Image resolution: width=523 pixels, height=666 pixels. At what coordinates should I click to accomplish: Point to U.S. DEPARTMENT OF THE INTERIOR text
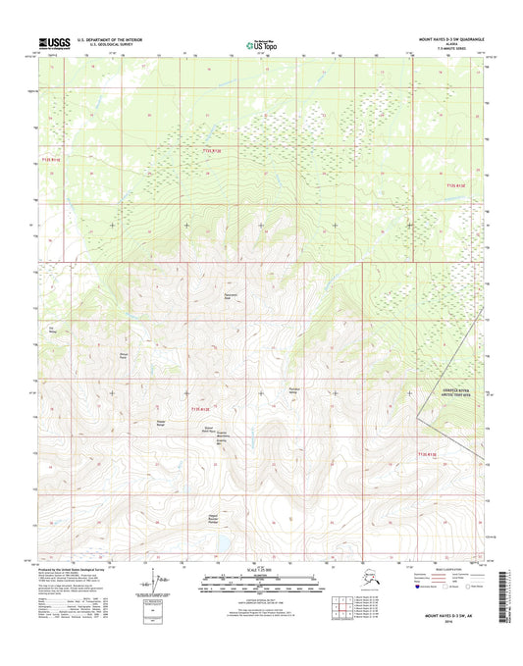tap(103, 40)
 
